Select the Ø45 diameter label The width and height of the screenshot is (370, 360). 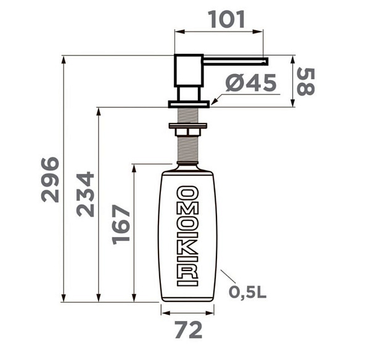click(x=250, y=84)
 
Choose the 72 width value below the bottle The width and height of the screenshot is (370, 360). click(x=188, y=330)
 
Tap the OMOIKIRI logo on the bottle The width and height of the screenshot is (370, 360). click(x=188, y=235)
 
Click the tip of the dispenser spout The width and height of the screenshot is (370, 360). click(x=266, y=61)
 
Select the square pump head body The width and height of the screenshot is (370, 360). click(x=186, y=70)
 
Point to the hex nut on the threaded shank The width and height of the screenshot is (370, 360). click(x=188, y=130)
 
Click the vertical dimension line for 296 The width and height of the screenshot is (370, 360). click(x=64, y=179)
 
